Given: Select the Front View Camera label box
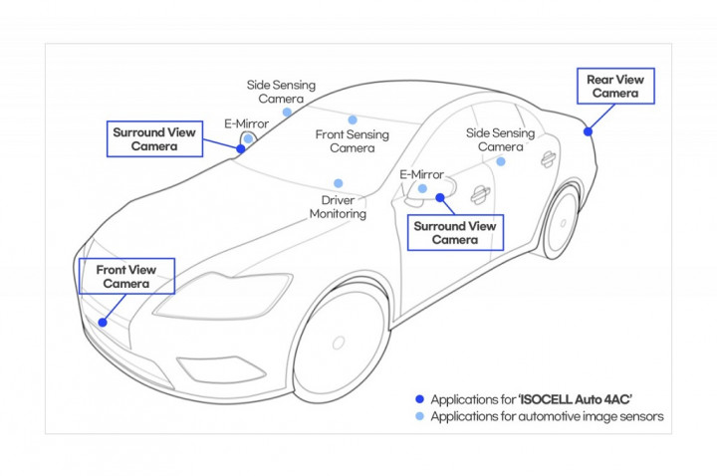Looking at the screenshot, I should (x=125, y=276).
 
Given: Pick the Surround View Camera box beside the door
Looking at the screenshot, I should (x=454, y=232).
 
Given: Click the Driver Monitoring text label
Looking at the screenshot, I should (x=338, y=207).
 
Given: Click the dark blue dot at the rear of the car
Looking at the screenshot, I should (x=589, y=130).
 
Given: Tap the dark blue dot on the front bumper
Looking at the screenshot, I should (x=103, y=322).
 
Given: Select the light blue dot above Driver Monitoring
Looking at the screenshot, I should (x=339, y=183).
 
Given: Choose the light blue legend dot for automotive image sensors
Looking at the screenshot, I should (x=419, y=416).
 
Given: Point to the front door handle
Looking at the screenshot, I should (x=480, y=193).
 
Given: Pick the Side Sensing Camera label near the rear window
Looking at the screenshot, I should (x=500, y=140).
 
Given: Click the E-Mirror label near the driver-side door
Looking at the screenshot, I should (x=419, y=174).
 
